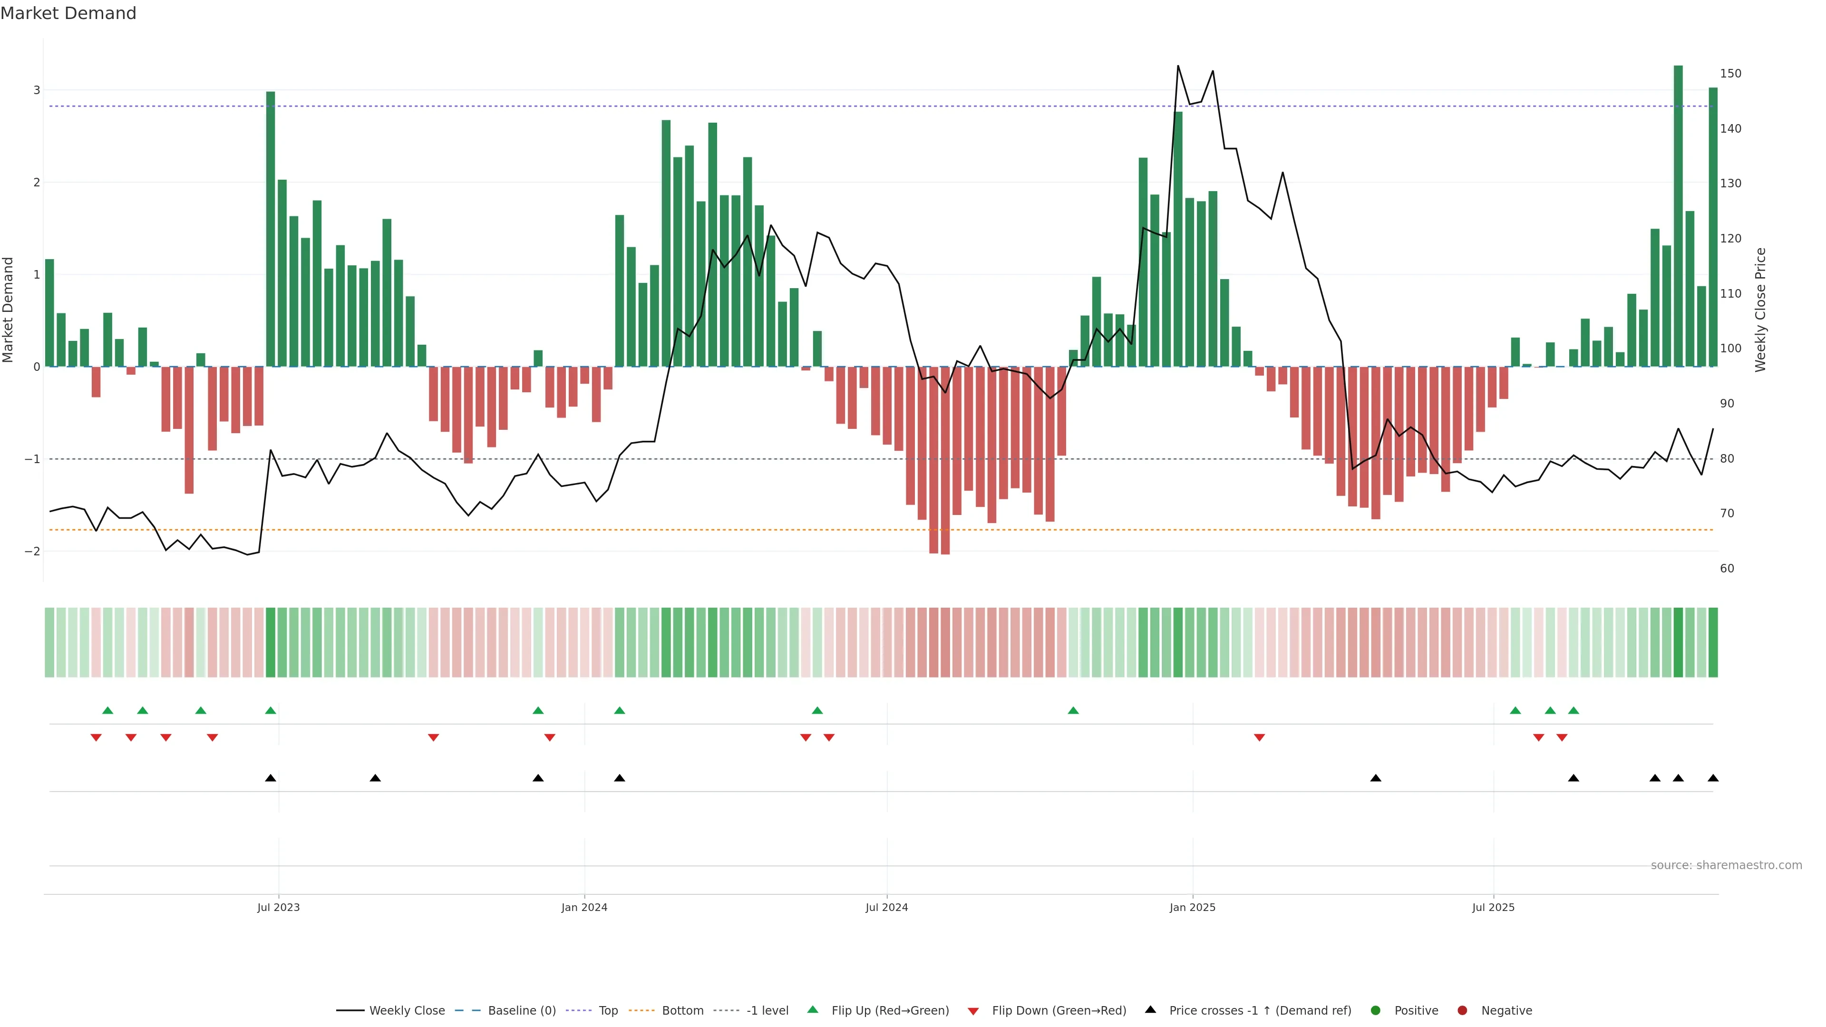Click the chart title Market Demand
click(x=68, y=13)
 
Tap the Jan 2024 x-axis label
click(x=584, y=907)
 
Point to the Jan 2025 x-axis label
click(x=1192, y=907)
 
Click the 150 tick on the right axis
click(x=1730, y=74)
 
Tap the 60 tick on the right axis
click(x=1727, y=569)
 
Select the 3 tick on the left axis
click(x=37, y=90)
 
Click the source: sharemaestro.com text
click(x=1726, y=865)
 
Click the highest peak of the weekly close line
click(x=1178, y=66)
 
